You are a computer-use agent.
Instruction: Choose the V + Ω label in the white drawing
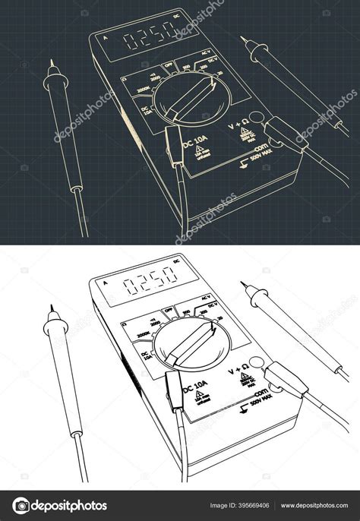pos(239,371)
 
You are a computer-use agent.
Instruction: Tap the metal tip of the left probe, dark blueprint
pos(51,65)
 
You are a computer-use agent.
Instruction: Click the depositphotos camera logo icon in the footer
pos(21,506)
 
